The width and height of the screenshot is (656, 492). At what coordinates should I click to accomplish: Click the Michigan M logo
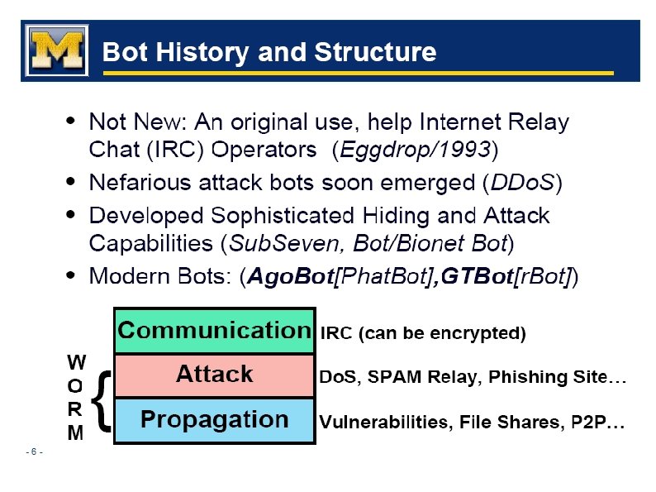(55, 50)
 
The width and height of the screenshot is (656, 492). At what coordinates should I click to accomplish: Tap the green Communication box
(214, 331)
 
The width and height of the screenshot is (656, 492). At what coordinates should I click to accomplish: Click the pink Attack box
(214, 375)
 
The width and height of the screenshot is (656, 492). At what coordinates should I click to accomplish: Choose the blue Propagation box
(214, 420)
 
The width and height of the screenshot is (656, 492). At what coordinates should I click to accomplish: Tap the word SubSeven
(268, 244)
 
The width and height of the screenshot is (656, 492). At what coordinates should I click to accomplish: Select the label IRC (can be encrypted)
(423, 334)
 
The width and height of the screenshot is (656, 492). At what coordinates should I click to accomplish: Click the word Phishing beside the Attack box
(523, 378)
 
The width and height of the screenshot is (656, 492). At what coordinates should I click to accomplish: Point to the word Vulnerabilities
(379, 423)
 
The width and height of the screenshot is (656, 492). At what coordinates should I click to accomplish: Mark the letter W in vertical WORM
(75, 362)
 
